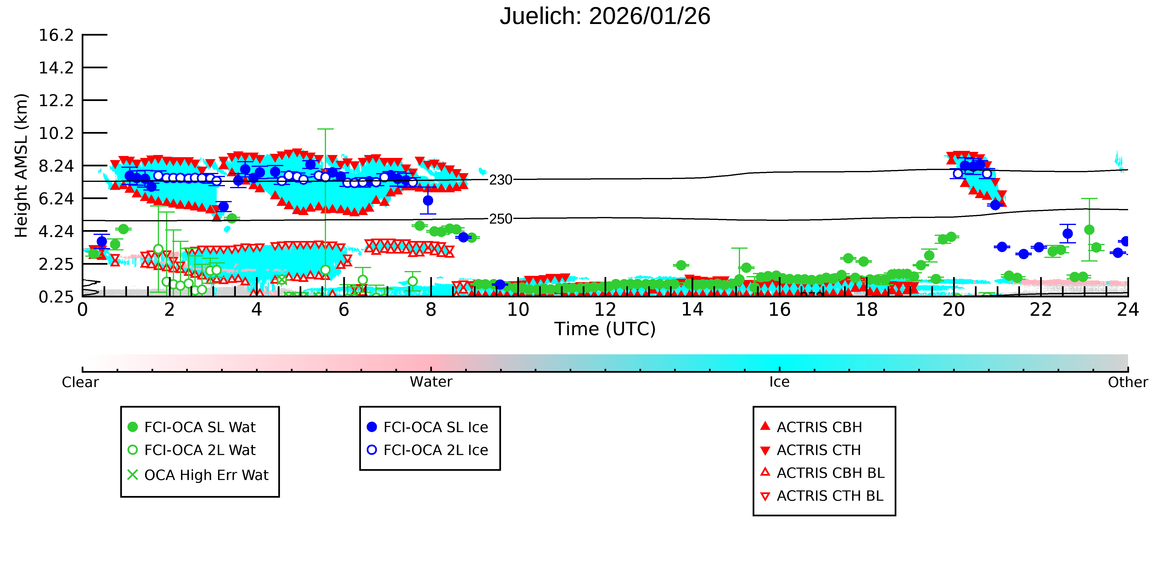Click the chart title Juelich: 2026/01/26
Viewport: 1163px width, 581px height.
click(x=605, y=16)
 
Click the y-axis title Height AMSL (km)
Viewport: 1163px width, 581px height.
click(x=21, y=166)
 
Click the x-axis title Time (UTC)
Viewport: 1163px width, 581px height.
click(x=605, y=329)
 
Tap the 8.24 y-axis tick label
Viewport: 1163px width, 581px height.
click(x=56, y=166)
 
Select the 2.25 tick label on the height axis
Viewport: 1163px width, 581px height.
click(x=56, y=264)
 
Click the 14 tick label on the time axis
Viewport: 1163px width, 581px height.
click(x=692, y=310)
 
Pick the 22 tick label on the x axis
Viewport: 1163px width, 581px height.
click(x=1041, y=310)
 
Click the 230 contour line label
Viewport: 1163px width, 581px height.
click(x=501, y=180)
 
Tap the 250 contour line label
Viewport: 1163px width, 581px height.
click(x=501, y=219)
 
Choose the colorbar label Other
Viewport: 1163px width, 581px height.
click(x=1128, y=382)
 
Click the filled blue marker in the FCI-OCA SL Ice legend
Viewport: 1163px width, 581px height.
click(x=372, y=427)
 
